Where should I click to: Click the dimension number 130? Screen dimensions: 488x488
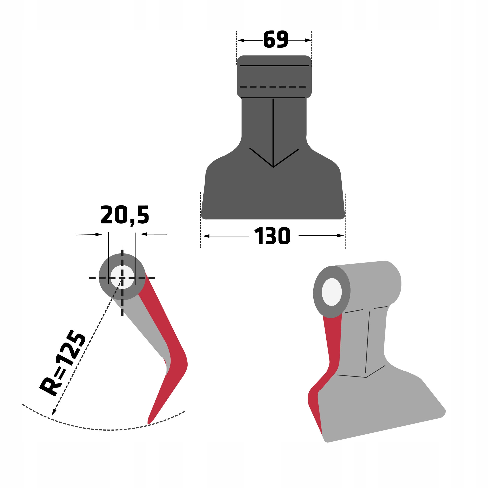[x=272, y=236]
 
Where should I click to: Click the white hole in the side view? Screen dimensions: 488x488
[x=122, y=277]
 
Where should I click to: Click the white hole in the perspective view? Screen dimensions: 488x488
[x=332, y=292]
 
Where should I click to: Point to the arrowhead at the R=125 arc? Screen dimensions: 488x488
[x=54, y=412]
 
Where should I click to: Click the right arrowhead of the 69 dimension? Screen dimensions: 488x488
[x=308, y=40]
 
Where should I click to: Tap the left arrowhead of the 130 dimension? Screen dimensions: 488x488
[x=206, y=236]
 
